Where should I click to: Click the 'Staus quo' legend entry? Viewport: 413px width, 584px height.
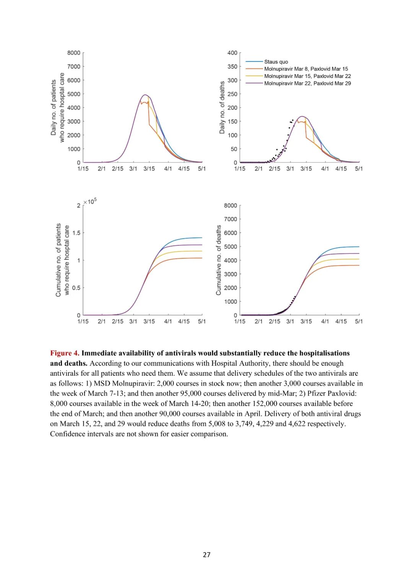tap(276, 62)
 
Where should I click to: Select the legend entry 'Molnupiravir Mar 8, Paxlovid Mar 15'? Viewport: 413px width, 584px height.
tap(306, 69)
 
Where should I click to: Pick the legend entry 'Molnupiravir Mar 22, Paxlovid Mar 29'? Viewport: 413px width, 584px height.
tap(307, 83)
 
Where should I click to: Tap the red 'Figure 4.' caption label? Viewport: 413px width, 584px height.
tap(65, 353)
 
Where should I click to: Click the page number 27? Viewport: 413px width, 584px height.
tap(206, 555)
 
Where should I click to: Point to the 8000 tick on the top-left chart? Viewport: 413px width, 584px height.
tap(74, 53)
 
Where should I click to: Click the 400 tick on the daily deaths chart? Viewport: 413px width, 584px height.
tap(232, 53)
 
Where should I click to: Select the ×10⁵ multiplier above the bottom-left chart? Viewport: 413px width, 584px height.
tap(90, 201)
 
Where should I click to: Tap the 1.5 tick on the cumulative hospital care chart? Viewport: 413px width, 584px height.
tap(76, 233)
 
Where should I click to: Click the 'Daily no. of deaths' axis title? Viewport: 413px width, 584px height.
tap(222, 107)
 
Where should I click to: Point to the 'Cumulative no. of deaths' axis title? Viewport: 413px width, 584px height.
tap(219, 260)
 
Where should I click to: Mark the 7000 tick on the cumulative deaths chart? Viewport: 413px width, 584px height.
tap(231, 219)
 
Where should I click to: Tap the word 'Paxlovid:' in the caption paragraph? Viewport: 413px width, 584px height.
tap(342, 393)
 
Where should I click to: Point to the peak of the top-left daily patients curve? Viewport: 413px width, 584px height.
tap(145, 95)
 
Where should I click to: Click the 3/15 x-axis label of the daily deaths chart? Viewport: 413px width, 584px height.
tap(306, 169)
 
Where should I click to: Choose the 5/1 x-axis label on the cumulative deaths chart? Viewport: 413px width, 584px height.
tap(359, 321)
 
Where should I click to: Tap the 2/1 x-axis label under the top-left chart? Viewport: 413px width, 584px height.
tap(101, 169)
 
